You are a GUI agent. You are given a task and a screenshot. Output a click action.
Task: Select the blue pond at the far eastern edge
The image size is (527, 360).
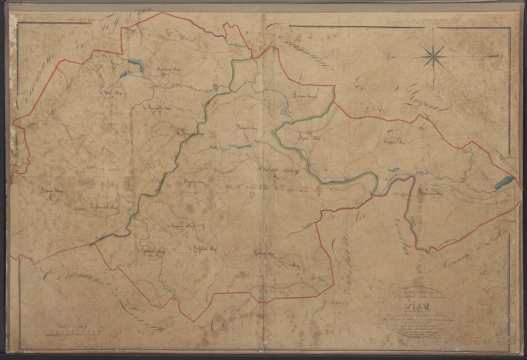[504, 182]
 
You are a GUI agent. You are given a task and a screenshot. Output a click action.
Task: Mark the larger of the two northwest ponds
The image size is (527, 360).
[135, 65]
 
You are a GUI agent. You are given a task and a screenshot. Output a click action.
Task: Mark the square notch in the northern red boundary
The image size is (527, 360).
[235, 30]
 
